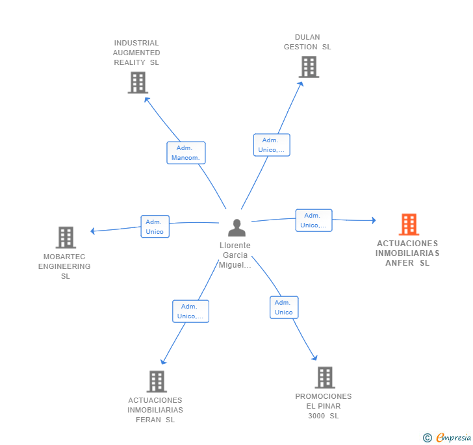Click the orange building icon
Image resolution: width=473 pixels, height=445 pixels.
tap(409, 225)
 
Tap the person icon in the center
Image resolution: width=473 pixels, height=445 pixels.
tap(237, 228)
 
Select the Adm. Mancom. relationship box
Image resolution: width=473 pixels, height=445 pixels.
tap(186, 153)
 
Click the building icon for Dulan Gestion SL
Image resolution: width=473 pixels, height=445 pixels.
tap(309, 66)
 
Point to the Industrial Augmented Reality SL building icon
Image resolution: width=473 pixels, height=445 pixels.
tap(138, 83)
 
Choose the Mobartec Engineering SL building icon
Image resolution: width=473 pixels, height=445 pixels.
tap(66, 238)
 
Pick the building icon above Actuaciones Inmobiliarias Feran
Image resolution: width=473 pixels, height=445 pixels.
tap(157, 381)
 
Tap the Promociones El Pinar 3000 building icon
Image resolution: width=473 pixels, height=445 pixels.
tap(324, 377)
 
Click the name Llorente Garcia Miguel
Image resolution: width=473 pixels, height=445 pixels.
tap(235, 255)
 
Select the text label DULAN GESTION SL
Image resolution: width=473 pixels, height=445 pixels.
tap(307, 42)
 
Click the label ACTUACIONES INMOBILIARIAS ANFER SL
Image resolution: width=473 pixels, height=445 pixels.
tap(407, 253)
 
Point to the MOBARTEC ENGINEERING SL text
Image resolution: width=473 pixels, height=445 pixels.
tap(64, 266)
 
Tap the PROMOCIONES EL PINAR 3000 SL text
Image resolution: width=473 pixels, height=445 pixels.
tap(324, 406)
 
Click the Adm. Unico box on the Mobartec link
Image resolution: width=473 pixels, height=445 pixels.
tap(155, 227)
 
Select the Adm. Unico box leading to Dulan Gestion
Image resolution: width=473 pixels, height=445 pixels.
tap(271, 145)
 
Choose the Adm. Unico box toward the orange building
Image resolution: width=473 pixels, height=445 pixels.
tap(313, 220)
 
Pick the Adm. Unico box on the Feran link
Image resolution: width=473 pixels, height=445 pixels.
tap(190, 311)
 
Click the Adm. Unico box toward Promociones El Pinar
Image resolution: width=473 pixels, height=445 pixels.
tap(284, 307)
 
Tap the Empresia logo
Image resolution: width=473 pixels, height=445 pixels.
tap(447, 437)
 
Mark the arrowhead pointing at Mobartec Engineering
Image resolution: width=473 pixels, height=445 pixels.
tap(93, 231)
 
